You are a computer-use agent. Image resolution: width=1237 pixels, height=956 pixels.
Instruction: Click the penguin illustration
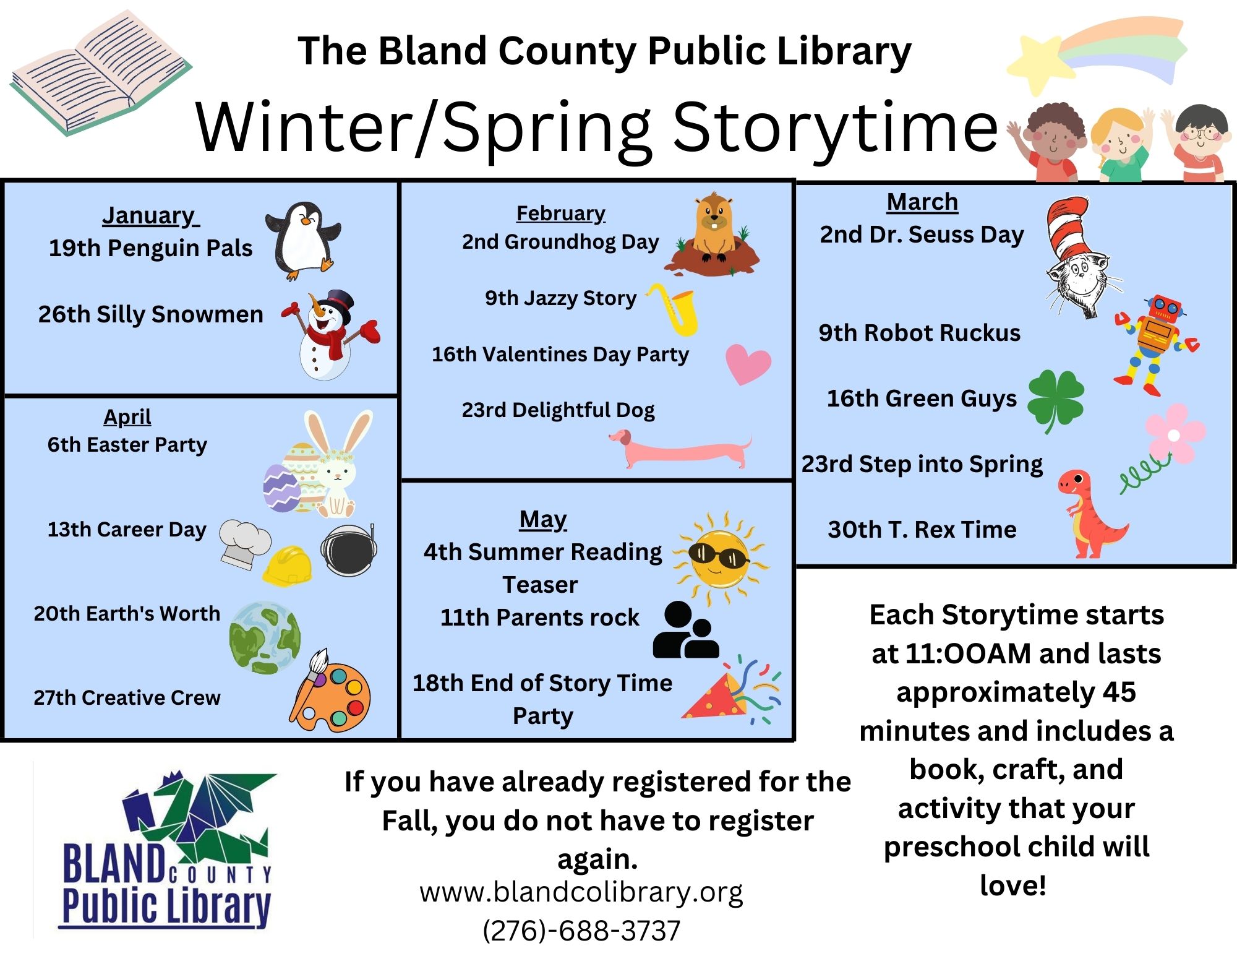click(303, 240)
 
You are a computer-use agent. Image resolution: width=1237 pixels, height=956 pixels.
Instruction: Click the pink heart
click(748, 364)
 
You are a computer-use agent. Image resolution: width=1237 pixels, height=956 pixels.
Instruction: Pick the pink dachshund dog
click(680, 450)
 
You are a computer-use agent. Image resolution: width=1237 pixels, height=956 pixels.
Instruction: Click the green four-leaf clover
click(1056, 400)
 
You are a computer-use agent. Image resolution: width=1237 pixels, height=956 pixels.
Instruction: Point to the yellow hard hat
click(287, 566)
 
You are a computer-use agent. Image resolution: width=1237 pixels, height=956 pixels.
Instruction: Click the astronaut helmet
click(349, 549)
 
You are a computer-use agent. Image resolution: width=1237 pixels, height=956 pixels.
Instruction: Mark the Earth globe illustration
click(265, 638)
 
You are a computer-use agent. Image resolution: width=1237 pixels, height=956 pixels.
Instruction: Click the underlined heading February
click(561, 213)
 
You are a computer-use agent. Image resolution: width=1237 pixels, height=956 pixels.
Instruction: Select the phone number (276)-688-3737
click(581, 930)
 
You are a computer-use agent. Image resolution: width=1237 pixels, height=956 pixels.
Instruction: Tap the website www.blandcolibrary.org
click(581, 892)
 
